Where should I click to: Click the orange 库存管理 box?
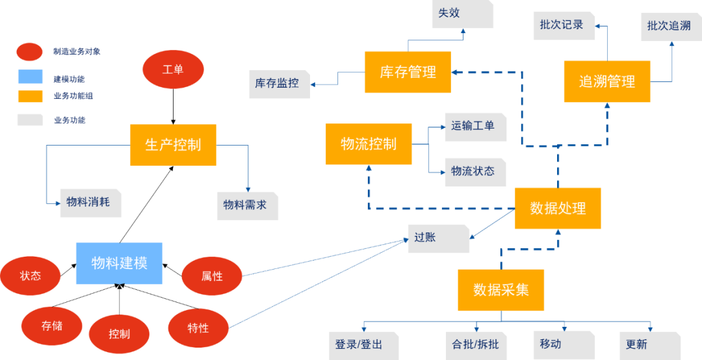point(408,72)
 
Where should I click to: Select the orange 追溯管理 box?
point(606,81)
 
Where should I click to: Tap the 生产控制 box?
point(173,144)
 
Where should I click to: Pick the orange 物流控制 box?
point(369,144)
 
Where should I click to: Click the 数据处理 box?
point(558,208)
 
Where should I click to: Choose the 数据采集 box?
point(500,289)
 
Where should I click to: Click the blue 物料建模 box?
point(119,263)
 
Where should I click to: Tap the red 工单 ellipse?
point(173,70)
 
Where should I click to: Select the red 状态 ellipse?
point(31,276)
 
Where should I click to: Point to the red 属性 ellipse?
point(212,276)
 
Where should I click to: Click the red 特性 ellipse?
point(198,328)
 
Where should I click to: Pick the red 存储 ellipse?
point(52,326)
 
